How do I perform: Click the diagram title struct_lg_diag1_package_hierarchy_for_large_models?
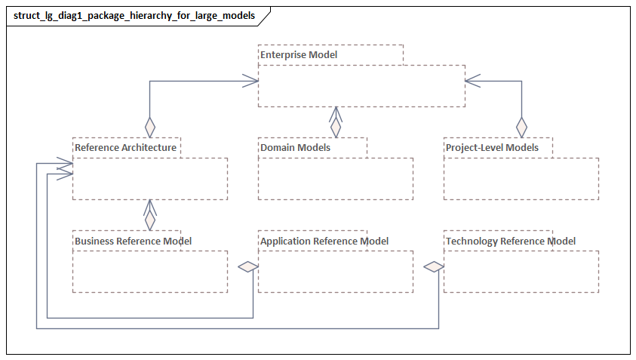[134, 15]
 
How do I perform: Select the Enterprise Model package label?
[299, 54]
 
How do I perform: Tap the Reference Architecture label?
[125, 147]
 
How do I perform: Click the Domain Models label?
[295, 147]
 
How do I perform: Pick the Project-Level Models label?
[492, 147]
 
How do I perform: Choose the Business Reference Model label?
[133, 241]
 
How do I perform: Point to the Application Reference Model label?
[324, 241]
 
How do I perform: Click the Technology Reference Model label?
[511, 241]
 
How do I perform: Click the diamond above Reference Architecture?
[150, 125]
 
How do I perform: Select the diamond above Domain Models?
[336, 126]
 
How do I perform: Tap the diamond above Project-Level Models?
[521, 125]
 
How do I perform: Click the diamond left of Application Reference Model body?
[247, 266]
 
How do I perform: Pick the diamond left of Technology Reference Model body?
[433, 266]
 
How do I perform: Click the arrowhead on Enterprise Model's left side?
[250, 80]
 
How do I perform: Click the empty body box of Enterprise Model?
[361, 86]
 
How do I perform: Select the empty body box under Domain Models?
[336, 179]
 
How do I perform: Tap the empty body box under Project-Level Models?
[521, 179]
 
